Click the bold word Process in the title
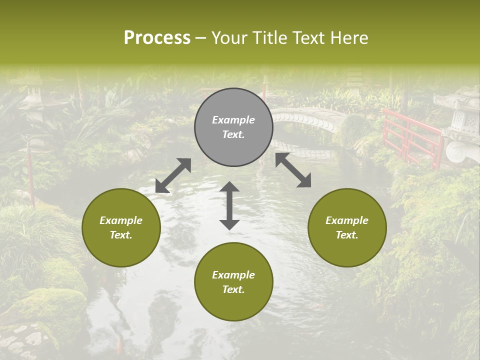[x=157, y=38]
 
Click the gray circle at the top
[x=233, y=127]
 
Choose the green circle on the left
[x=121, y=227]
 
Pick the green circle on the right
[x=347, y=227]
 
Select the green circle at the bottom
[x=233, y=282]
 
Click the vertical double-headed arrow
[x=229, y=205]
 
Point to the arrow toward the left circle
[x=173, y=175]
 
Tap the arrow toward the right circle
[x=293, y=170]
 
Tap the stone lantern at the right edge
[x=462, y=125]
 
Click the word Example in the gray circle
[x=233, y=120]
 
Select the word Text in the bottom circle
[x=232, y=289]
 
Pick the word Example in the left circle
[x=121, y=220]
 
